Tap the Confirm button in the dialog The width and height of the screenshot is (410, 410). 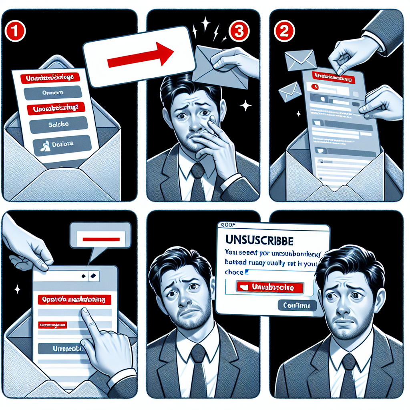coord(297,306)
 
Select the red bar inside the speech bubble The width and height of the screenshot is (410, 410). coord(101,239)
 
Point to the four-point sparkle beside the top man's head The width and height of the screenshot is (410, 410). coord(245,106)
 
